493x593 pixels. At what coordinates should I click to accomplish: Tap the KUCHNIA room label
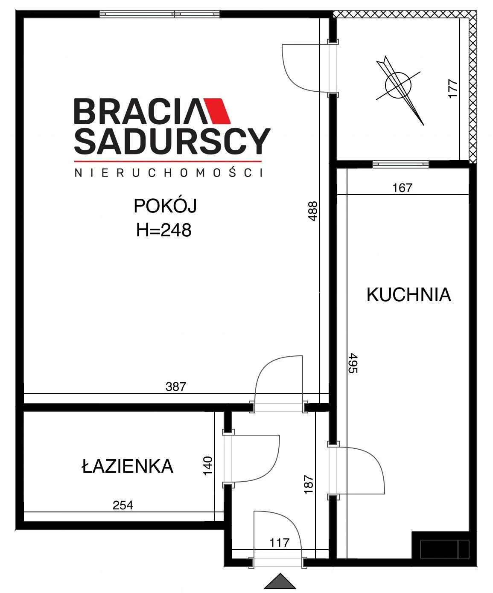tap(408, 295)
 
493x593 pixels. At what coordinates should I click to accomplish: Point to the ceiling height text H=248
tap(163, 230)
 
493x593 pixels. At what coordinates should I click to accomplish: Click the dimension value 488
tap(313, 211)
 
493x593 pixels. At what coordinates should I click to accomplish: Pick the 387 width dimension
tap(176, 387)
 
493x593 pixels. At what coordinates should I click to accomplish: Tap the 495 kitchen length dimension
tap(353, 363)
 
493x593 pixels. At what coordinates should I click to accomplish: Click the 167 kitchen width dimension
tap(402, 188)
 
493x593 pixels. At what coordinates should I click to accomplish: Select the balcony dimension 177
tap(453, 89)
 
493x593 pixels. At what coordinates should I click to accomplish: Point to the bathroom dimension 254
tap(123, 505)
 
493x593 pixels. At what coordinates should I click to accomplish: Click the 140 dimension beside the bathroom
tap(208, 465)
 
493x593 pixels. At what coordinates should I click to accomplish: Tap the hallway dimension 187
tap(309, 485)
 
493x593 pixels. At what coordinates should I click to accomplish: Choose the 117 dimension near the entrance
tap(279, 543)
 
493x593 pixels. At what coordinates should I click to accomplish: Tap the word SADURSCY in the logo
tap(172, 141)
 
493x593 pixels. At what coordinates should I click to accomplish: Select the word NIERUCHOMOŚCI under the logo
tap(169, 173)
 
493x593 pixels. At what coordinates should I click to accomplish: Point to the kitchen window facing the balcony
tap(401, 164)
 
